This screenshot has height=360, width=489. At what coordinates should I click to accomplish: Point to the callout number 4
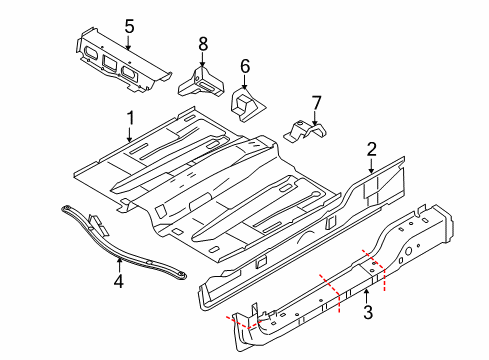[118, 282]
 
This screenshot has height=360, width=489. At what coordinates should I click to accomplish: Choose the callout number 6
[243, 66]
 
